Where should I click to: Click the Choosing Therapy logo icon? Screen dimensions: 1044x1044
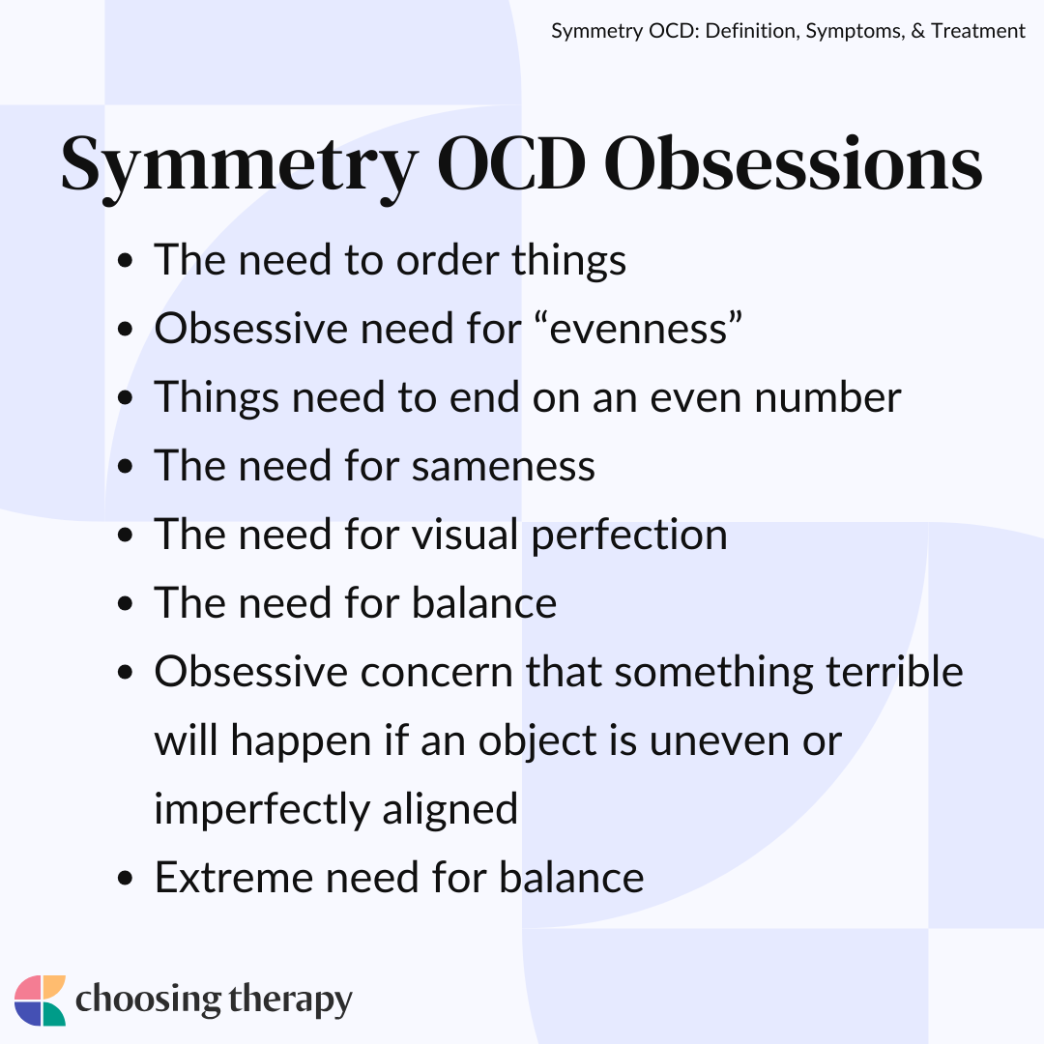click(x=40, y=1000)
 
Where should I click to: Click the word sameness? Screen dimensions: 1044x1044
click(x=503, y=466)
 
